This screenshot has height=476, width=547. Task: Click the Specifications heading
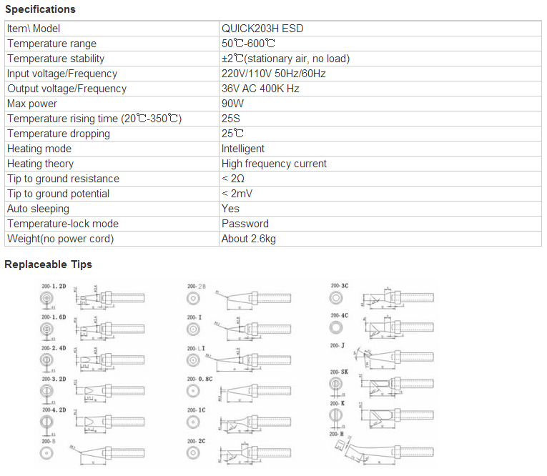pyautogui.click(x=40, y=9)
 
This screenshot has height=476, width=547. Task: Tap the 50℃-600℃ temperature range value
pyautogui.click(x=249, y=44)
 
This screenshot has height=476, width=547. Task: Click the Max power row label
pyautogui.click(x=32, y=104)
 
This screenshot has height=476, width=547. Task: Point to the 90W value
pyautogui.click(x=233, y=104)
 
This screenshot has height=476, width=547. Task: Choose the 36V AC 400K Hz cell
pyautogui.click(x=260, y=89)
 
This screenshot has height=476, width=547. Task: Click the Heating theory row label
pyautogui.click(x=40, y=164)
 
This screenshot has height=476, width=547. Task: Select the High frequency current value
pyautogui.click(x=274, y=164)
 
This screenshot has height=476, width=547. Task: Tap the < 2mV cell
pyautogui.click(x=237, y=194)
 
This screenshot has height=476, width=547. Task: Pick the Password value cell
pyautogui.click(x=245, y=224)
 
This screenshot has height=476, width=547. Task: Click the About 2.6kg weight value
pyautogui.click(x=249, y=239)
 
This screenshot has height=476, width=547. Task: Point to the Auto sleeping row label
pyautogui.click(x=38, y=209)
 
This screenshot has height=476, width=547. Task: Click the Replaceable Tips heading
pyautogui.click(x=48, y=264)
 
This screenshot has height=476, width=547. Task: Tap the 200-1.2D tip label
pyautogui.click(x=54, y=284)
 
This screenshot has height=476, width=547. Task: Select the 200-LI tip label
pyautogui.click(x=196, y=348)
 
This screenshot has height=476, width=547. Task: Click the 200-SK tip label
pyautogui.click(x=339, y=372)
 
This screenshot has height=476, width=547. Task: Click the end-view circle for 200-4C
pyautogui.click(x=335, y=327)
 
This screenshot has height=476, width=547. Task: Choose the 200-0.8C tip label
pyautogui.click(x=199, y=380)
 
